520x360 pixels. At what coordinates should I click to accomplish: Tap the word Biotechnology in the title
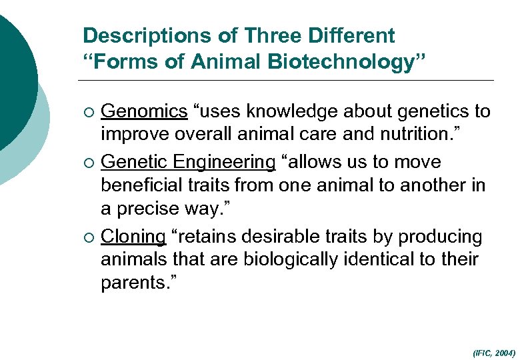[x=341, y=62]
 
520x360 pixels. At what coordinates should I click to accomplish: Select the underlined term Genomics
[x=144, y=111]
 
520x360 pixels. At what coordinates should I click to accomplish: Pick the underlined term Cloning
[x=133, y=237]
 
